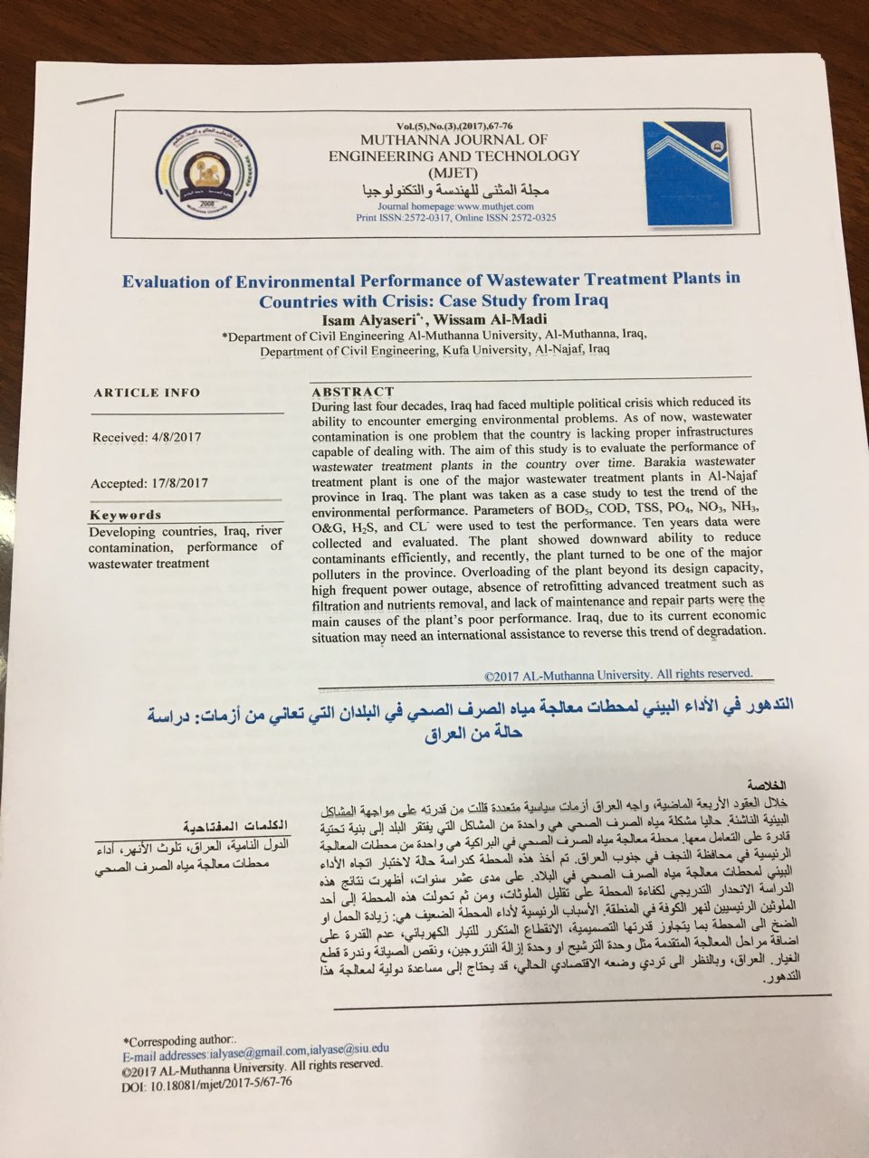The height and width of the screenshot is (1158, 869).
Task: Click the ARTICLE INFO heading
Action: coord(147,393)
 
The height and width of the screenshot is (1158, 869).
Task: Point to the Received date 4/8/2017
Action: coord(147,437)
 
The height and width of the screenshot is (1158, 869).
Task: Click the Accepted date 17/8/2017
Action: coord(149,483)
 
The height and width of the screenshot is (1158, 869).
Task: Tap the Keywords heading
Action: coord(125,515)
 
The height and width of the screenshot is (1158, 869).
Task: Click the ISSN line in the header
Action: coord(455,218)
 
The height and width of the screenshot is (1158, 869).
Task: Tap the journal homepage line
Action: coord(443,206)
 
